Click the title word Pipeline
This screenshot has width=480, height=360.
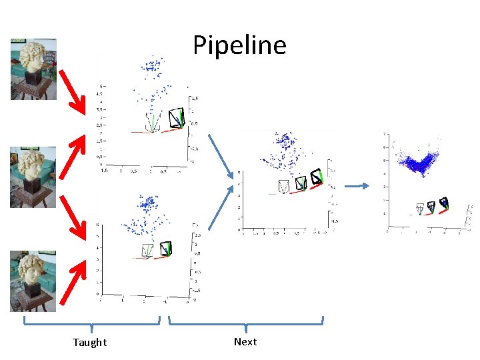(x=239, y=45)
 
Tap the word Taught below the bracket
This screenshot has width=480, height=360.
(x=89, y=342)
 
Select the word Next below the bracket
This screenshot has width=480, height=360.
(x=245, y=341)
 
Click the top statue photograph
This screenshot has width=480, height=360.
(x=33, y=69)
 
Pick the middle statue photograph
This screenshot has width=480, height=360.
(x=33, y=177)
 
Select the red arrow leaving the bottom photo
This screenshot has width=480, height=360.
(x=73, y=281)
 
